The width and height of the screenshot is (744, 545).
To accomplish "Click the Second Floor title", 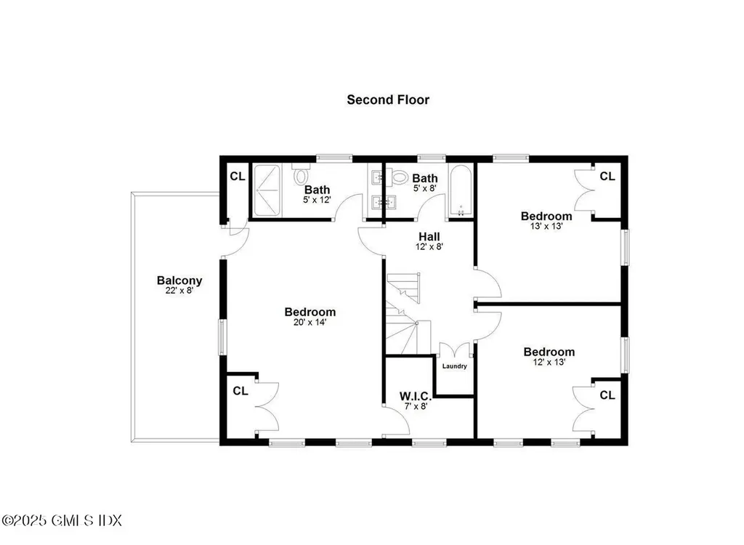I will click(x=387, y=100).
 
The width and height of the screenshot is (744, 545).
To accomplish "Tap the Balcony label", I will click(x=179, y=280).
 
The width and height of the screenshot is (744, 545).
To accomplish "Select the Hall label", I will click(x=429, y=236).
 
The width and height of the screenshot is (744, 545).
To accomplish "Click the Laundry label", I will click(x=454, y=366).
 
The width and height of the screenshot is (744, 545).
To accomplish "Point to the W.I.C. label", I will click(x=416, y=396).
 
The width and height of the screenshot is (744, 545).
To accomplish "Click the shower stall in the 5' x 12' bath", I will click(x=271, y=191).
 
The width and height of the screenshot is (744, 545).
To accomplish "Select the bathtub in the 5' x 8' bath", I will click(x=461, y=191).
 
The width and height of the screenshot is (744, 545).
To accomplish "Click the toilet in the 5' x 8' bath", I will click(x=399, y=176).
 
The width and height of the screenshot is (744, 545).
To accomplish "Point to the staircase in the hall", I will click(x=403, y=312).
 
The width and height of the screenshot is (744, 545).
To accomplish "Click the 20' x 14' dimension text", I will click(x=310, y=323).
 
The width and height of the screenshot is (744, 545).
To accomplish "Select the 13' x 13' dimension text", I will click(x=546, y=226).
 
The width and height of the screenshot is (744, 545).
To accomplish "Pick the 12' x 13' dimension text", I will click(x=549, y=362).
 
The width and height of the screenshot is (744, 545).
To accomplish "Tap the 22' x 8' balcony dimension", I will click(x=179, y=291).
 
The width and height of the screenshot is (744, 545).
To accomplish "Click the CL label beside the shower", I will click(x=237, y=176).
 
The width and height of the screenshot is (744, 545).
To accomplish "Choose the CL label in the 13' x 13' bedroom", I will click(x=607, y=176).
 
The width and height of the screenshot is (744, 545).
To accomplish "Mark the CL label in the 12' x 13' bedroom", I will click(x=607, y=395).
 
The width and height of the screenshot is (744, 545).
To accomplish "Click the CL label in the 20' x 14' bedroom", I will click(x=240, y=391).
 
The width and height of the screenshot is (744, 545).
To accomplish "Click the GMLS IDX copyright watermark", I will click(x=62, y=520).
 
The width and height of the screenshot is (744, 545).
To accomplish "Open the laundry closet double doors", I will click(x=456, y=350).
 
